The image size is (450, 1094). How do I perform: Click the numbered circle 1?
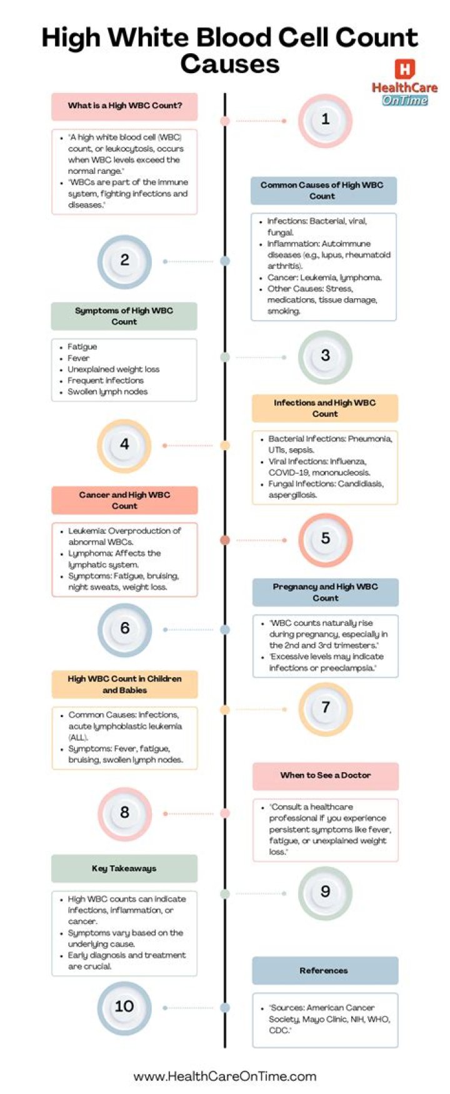(x=325, y=120)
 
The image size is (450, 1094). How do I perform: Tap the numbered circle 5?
(x=325, y=539)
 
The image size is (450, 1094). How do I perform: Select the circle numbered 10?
(x=124, y=1006)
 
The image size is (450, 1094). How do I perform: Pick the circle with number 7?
(x=325, y=708)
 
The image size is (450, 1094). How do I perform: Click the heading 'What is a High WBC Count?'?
(x=125, y=106)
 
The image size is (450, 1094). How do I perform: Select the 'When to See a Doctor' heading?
(x=325, y=776)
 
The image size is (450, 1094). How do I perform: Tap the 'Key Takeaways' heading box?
(x=124, y=868)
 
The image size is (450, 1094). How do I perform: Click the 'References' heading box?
(x=324, y=971)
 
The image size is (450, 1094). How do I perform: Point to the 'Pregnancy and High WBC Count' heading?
(x=325, y=592)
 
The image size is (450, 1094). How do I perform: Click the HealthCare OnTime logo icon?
(x=405, y=69)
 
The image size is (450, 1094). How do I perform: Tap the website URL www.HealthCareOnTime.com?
(x=225, y=1076)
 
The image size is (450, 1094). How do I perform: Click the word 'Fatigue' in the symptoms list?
(x=82, y=347)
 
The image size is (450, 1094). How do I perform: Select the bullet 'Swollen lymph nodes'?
(x=107, y=392)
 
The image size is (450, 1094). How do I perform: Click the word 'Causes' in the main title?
(x=229, y=64)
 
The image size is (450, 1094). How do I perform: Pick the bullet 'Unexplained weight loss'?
(x=114, y=369)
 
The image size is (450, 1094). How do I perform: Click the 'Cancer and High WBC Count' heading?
(x=124, y=500)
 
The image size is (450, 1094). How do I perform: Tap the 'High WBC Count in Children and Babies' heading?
(x=124, y=685)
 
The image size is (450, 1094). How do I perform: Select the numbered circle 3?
(x=325, y=356)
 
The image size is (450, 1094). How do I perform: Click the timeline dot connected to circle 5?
(x=225, y=539)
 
